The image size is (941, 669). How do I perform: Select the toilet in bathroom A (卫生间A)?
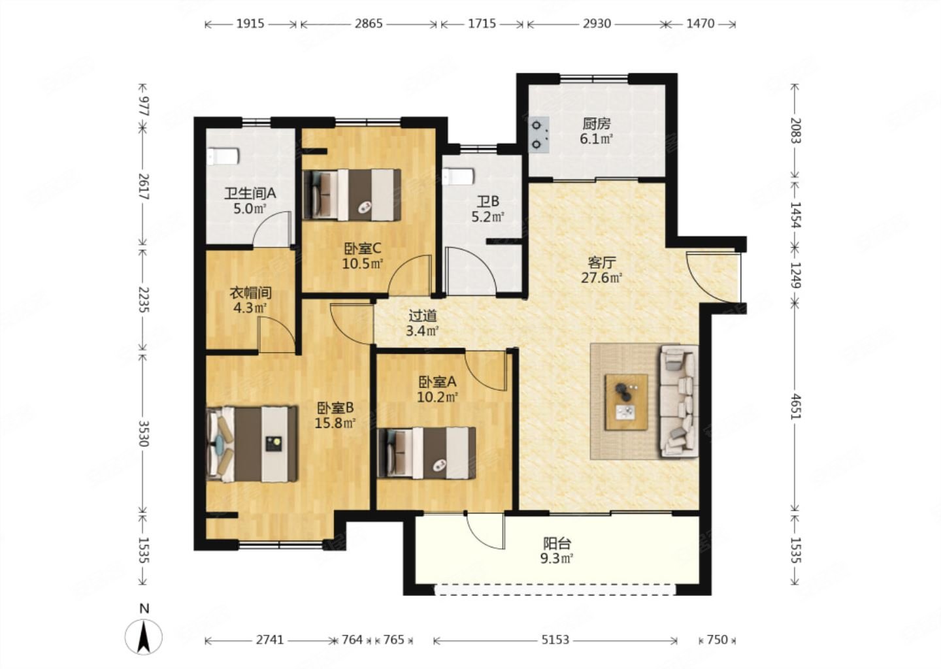[223, 156]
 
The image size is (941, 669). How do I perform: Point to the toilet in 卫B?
[459, 176]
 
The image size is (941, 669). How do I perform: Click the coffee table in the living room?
[626, 402]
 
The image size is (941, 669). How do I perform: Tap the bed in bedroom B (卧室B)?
[252, 444]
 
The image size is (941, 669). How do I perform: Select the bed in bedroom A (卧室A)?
[426, 453]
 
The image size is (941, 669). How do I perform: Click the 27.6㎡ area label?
[602, 278]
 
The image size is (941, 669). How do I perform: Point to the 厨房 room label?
[596, 124]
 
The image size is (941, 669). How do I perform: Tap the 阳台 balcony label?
[557, 544]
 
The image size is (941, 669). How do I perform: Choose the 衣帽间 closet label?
[250, 293]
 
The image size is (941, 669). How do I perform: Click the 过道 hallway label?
[423, 316]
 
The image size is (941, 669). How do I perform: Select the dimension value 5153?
[555, 640]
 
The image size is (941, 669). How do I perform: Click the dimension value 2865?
[369, 24]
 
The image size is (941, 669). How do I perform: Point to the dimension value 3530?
[144, 433]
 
